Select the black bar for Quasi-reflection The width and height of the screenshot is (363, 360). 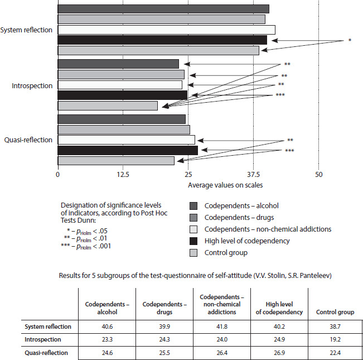click(128, 150)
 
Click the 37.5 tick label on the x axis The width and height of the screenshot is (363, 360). click(254, 175)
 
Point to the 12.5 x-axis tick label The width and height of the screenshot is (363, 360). click(123, 175)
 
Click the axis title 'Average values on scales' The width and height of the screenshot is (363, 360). click(225, 185)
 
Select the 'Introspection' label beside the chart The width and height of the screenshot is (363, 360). click(32, 85)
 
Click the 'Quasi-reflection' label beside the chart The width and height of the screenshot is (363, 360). click(28, 140)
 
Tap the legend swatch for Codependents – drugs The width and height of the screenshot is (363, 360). click(194, 217)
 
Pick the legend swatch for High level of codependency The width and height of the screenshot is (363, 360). click(194, 241)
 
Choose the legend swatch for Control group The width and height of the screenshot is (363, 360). click(194, 252)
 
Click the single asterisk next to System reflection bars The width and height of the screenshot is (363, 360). click(349, 41)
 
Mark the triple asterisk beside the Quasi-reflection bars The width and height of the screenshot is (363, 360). click(289, 151)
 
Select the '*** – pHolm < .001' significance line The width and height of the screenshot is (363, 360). click(87, 246)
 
